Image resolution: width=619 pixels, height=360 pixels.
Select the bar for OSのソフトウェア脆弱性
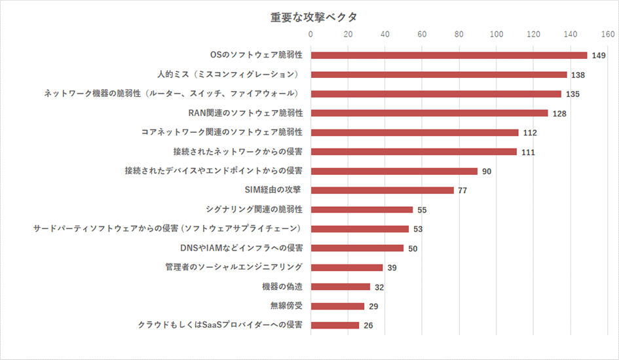tap(449, 55)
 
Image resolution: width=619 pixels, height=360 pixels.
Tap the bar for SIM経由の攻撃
tap(382, 190)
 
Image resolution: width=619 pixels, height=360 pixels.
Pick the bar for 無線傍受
tap(337, 306)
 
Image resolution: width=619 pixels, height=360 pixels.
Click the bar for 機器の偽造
tap(340, 287)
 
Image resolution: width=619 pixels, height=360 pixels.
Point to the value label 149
tap(598, 56)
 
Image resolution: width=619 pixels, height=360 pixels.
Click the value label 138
tap(578, 75)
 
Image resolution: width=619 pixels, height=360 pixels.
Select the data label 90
tap(487, 171)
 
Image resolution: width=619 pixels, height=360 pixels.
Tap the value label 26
tap(368, 325)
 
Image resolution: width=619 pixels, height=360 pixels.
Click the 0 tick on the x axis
tap(311, 34)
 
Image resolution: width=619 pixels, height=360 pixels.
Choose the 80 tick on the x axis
tap(459, 34)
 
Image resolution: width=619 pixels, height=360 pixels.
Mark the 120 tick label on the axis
tap(533, 34)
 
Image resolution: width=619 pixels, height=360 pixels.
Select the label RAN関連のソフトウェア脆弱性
tap(245, 113)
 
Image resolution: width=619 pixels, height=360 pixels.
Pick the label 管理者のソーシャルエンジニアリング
tap(234, 267)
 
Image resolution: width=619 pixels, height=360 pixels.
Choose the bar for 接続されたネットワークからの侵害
tap(413, 152)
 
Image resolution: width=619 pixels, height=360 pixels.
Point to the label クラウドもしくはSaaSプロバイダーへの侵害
tap(219, 325)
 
